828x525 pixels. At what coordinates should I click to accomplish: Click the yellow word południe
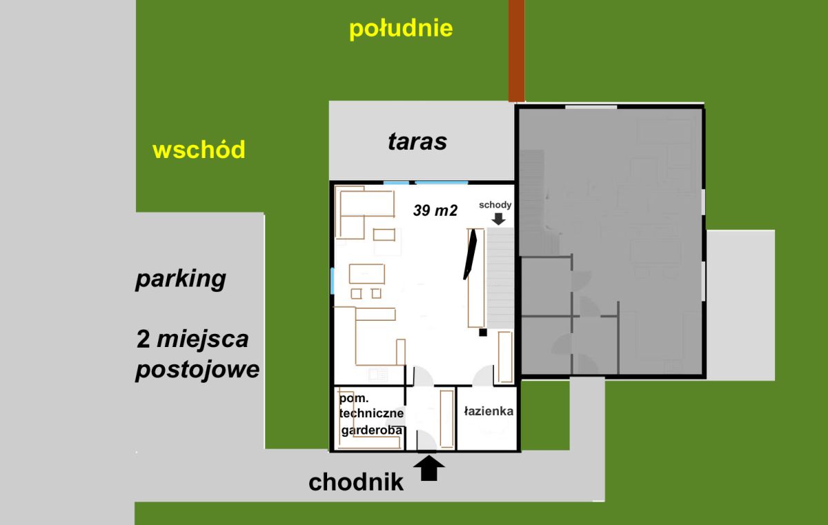401,29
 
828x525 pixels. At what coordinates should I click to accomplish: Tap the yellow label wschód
199,150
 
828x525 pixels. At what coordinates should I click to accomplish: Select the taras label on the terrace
417,141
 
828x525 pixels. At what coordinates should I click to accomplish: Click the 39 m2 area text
435,210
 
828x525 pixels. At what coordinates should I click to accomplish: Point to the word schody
495,205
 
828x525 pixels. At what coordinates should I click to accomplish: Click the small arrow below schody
499,219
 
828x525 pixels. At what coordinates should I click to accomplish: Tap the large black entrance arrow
428,468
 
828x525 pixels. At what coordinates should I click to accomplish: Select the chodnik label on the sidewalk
355,482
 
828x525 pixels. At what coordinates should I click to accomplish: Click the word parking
181,279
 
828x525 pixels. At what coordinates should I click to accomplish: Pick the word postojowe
197,370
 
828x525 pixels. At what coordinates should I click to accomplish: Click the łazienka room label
489,411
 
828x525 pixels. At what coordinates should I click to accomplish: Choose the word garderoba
371,430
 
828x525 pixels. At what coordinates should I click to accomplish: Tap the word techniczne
371,413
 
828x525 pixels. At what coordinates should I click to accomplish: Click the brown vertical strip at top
516,50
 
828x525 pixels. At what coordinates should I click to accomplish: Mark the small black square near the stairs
483,333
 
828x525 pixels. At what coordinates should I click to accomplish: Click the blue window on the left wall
333,281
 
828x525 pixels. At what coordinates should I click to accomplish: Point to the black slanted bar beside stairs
470,254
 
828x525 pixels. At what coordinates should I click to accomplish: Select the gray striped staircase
500,278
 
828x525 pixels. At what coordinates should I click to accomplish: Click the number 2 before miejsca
143,339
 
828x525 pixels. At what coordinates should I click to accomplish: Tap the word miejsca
203,340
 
